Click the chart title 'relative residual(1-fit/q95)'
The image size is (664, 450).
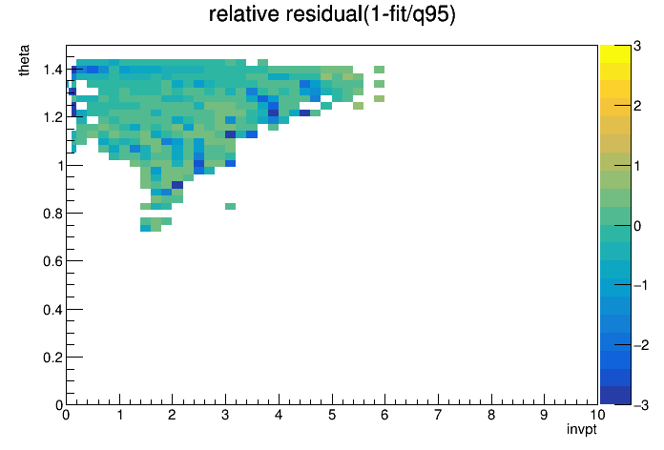[332, 15]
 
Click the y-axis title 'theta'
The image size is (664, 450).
[24, 60]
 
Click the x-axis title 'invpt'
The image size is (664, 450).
[581, 429]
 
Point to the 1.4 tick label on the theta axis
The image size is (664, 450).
[52, 70]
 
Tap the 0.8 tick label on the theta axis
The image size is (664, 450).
[52, 214]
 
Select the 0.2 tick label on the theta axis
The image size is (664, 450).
[52, 358]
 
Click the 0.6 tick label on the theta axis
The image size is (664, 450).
[52, 261]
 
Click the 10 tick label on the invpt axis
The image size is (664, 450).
[596, 415]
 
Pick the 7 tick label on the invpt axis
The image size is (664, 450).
[438, 415]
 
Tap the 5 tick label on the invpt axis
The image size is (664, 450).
[332, 415]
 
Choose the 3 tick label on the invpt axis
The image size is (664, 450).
[225, 415]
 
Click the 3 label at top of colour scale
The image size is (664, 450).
[637, 46]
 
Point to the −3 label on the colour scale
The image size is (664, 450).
[641, 405]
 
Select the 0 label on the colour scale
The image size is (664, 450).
[637, 226]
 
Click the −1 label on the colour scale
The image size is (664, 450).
[641, 285]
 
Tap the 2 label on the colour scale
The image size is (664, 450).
[637, 106]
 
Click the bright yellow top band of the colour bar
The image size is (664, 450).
[615, 53]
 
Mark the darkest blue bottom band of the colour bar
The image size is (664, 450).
[615, 396]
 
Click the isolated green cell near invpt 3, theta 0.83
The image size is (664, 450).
[230, 206]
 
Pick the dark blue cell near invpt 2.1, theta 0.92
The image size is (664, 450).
[177, 185]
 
